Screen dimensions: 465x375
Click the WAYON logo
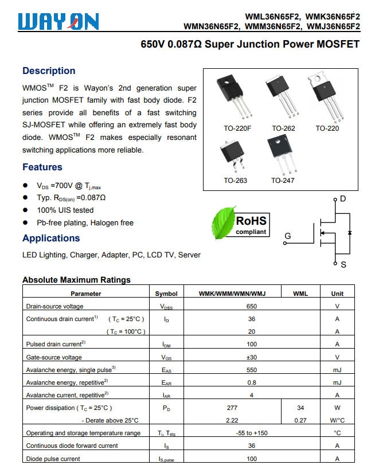58,22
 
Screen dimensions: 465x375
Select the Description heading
49,71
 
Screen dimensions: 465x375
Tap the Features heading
42,167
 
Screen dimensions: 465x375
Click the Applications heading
51,239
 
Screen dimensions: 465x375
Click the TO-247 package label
283,181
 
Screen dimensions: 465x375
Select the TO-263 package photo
233,155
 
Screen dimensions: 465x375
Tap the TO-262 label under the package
283,128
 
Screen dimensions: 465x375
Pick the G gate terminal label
288,236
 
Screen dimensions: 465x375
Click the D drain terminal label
343,199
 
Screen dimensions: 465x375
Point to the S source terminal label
343,265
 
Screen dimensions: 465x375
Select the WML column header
300,294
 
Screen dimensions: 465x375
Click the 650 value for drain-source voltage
252,306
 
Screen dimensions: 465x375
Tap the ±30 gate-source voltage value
252,357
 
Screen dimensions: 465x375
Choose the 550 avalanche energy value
252,370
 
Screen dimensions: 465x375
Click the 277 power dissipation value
232,408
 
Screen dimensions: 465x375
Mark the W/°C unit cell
337,420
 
